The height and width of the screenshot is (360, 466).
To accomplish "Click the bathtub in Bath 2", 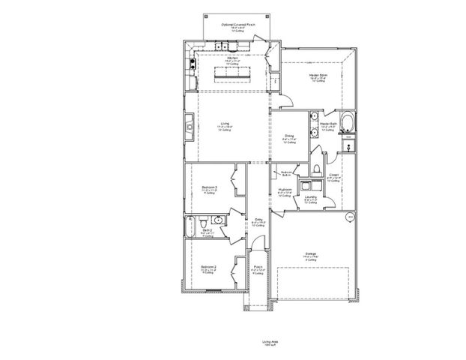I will click(191, 223).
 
